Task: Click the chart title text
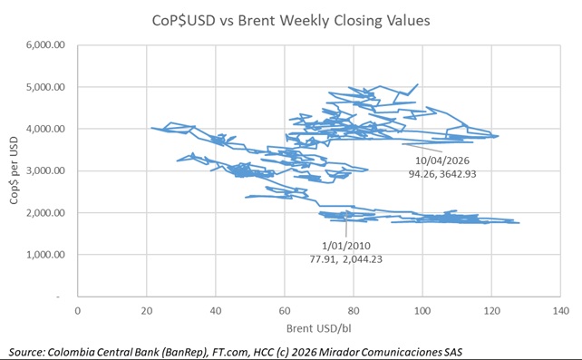click(290, 19)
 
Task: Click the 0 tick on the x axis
click(78, 311)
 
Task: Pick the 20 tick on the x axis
click(147, 311)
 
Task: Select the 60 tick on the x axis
click(285, 311)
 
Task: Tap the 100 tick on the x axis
click(422, 311)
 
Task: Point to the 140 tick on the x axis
click(559, 311)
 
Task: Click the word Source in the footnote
click(29, 350)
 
